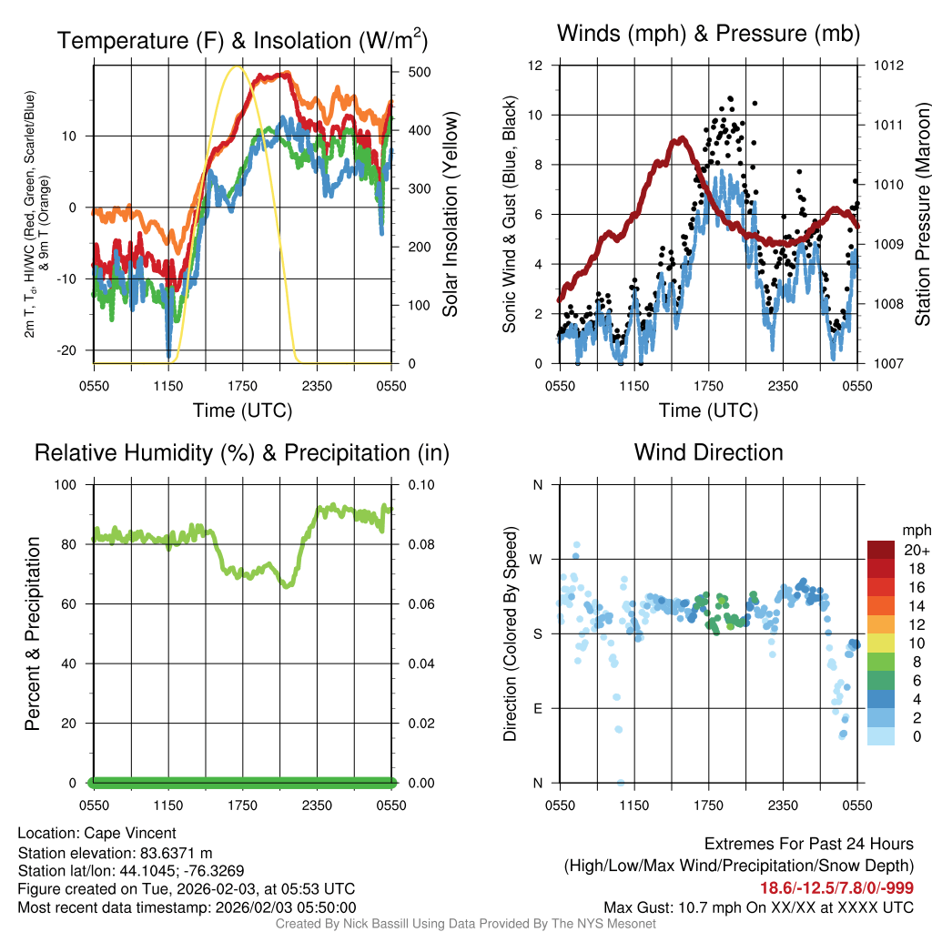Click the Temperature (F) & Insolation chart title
coord(242,40)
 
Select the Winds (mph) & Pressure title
coord(708,34)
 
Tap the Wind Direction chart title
coord(708,452)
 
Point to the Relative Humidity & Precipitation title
coord(242,452)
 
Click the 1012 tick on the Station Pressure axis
coord(889,66)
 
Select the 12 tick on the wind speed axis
coord(535,66)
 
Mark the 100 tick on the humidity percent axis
coord(69,484)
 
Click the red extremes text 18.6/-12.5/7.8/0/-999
coord(836,887)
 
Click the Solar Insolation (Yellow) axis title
coord(450,215)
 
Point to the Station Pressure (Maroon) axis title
coord(921,215)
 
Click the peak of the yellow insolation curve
coord(238,66)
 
